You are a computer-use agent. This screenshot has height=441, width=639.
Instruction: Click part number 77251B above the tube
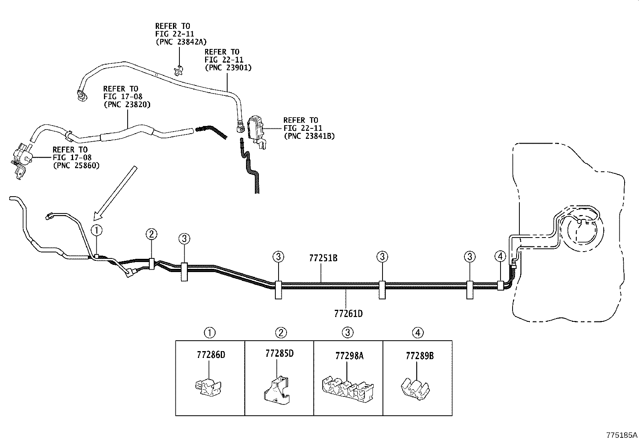(x=323, y=258)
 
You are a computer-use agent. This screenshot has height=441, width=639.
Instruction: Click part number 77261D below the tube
(x=348, y=313)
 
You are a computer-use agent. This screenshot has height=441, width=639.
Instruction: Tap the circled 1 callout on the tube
(x=97, y=230)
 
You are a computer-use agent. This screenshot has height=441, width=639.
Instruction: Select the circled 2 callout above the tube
(x=151, y=234)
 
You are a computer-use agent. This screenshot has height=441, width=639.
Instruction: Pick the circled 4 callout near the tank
(x=500, y=256)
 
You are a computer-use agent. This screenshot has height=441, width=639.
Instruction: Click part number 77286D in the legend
(x=211, y=355)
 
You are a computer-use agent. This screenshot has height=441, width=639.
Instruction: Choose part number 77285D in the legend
(x=279, y=354)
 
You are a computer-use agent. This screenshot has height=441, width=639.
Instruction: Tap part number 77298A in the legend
(x=349, y=356)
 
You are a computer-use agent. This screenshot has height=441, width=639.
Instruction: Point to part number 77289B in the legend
(x=419, y=356)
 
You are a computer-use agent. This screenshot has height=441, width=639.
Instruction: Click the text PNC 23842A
(x=181, y=41)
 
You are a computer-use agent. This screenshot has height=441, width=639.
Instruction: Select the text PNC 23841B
(x=309, y=136)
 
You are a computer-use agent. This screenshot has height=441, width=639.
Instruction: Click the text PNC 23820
(x=127, y=104)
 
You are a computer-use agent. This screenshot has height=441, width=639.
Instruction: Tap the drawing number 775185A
(x=622, y=435)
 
